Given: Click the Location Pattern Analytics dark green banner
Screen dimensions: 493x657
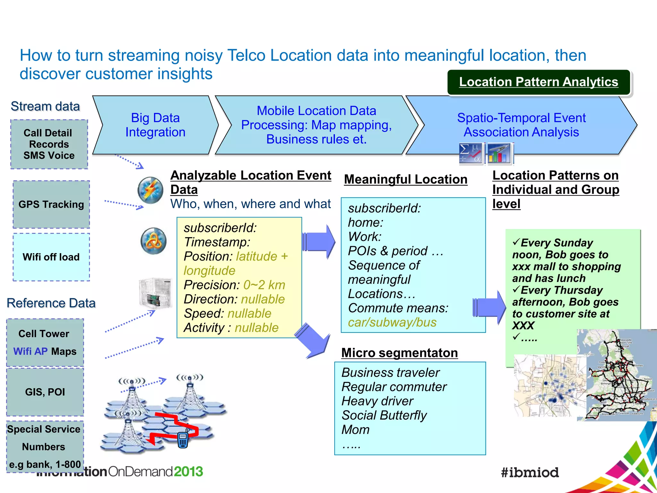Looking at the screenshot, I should (539, 82).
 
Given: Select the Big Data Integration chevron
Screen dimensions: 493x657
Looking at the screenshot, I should (155, 125).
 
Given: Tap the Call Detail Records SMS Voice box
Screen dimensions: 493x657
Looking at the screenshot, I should (49, 144).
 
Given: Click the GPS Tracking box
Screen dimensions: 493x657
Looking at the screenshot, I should (51, 204).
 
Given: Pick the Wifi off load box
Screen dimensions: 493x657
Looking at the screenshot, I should (51, 257).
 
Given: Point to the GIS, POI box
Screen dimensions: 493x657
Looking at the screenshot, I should (45, 392).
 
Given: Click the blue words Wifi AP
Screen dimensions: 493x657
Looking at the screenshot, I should (30, 351).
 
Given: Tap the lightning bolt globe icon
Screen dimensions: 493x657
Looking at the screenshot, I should (150, 190).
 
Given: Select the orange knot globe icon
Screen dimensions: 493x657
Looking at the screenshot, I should (154, 241).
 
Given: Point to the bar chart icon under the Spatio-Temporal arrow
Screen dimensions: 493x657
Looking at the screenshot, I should (499, 153).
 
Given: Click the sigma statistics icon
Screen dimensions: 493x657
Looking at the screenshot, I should (470, 153).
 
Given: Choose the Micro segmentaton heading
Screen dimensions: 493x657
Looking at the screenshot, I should (399, 353).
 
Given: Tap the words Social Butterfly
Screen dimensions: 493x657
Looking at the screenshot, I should (384, 415).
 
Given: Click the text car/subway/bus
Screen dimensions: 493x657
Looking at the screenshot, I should (392, 322).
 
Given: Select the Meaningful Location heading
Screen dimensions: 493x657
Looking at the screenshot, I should (405, 179).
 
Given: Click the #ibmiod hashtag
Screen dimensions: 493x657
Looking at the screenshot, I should (530, 472).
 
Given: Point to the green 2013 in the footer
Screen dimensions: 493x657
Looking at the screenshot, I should (189, 471).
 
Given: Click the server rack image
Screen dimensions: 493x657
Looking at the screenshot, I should (156, 293).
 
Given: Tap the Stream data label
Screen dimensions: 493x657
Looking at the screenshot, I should (45, 107).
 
